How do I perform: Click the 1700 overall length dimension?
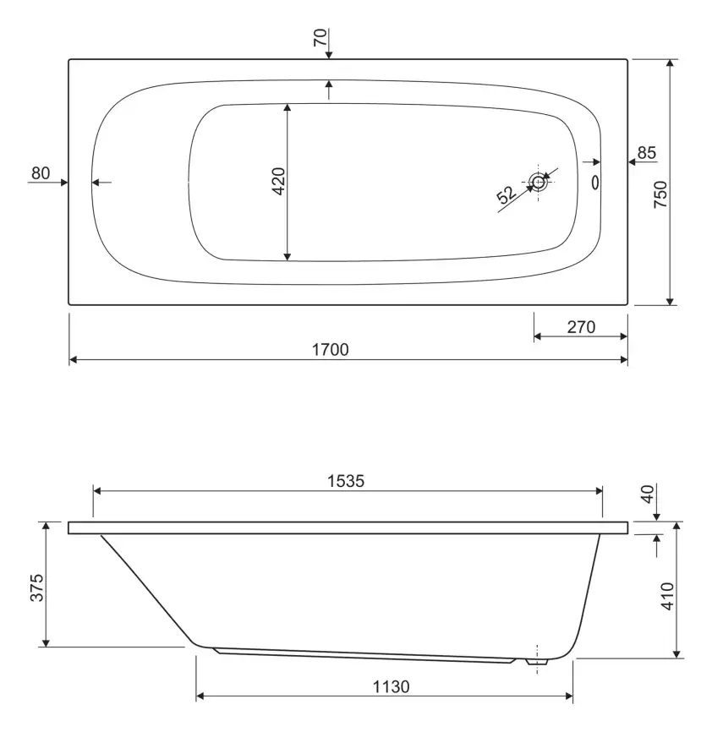(x=330, y=350)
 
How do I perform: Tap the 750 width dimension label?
(x=660, y=194)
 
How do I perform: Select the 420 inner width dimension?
(x=279, y=181)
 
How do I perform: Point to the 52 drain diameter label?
(x=506, y=194)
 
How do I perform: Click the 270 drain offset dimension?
(x=581, y=327)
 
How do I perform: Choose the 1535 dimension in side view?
(x=346, y=481)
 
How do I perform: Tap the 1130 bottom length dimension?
(x=392, y=686)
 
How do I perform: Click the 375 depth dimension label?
(x=37, y=587)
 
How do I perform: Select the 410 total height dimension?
(x=667, y=596)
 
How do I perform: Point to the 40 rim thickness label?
(x=648, y=494)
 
